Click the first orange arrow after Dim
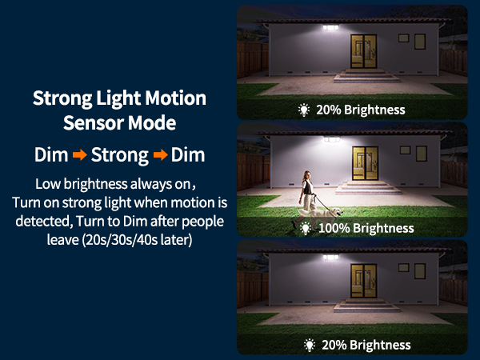[79, 154]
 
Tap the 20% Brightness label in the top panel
[361, 110]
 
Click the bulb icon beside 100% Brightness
[305, 228]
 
